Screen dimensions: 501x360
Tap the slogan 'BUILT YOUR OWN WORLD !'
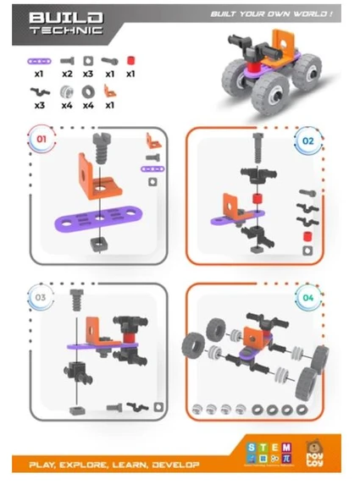coord(270,14)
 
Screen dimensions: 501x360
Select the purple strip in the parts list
coord(39,61)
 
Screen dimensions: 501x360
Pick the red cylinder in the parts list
coord(130,61)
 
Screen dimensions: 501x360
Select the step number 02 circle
coord(308,140)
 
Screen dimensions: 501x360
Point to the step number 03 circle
coord(39,297)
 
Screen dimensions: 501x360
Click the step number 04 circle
coord(308,297)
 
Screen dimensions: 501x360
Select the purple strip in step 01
coord(100,218)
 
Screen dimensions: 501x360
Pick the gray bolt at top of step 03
coord(77,298)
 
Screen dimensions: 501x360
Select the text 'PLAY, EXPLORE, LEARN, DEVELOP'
coord(114,465)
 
